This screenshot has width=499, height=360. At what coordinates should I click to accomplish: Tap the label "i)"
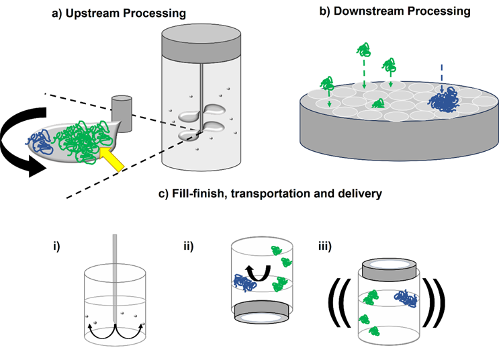click(x=56, y=245)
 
